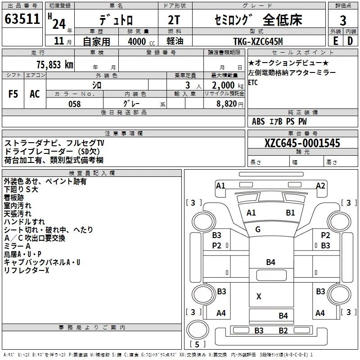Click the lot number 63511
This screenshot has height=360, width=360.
click(22, 19)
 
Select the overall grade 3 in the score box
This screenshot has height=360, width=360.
click(343, 21)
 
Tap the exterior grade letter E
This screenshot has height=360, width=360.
click(336, 41)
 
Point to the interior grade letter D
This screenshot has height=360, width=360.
click(350, 41)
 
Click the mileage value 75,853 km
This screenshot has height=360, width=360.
click(55, 65)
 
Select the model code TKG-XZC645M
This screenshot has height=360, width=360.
click(258, 41)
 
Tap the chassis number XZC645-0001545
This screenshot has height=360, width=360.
click(302, 143)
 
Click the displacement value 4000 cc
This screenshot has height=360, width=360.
click(141, 41)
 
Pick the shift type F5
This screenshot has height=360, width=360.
click(13, 94)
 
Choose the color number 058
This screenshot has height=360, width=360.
click(75, 104)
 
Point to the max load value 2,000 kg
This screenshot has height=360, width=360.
click(228, 85)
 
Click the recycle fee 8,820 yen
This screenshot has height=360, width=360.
click(229, 104)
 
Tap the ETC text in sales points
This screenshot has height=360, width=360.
click(253, 82)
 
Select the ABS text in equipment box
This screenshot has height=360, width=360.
click(258, 121)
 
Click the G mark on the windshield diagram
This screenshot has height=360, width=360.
click(258, 229)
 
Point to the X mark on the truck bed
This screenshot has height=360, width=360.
click(259, 297)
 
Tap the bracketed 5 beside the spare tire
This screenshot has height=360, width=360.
click(197, 344)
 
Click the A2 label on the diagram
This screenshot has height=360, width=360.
click(320, 185)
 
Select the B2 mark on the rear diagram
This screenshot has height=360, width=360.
click(283, 331)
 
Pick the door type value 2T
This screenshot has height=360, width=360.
click(174, 20)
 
